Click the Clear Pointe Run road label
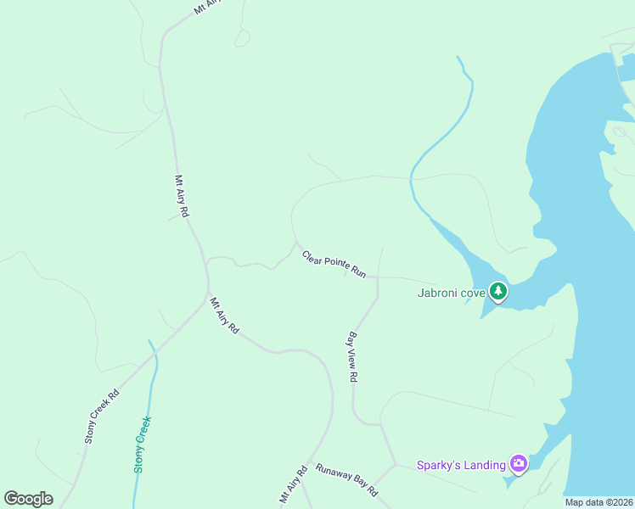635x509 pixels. (334, 264)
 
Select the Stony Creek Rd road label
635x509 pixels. (102, 417)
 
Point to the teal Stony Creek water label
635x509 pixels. (142, 444)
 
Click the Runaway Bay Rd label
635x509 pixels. (346, 479)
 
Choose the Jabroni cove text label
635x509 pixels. (451, 294)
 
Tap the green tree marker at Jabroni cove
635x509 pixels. (498, 293)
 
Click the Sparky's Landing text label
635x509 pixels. (460, 465)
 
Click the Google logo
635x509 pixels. (28, 499)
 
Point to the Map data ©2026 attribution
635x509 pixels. (599, 502)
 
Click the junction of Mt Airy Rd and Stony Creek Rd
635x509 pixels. (208, 296)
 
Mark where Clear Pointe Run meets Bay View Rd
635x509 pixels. (377, 277)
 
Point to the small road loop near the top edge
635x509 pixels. (243, 36)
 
